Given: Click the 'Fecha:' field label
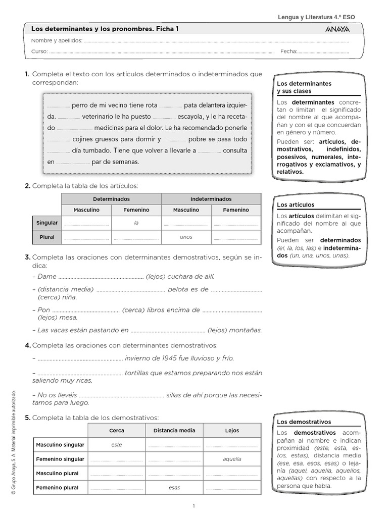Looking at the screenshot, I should (x=288, y=51).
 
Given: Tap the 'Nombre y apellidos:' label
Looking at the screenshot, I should (x=57, y=40).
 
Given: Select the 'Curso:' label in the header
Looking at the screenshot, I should (x=39, y=51).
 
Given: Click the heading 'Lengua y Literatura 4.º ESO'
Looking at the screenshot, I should (x=316, y=17).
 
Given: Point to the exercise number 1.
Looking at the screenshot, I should (x=27, y=74).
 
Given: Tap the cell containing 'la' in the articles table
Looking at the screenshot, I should (x=136, y=223).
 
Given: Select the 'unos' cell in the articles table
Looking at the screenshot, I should (x=186, y=237).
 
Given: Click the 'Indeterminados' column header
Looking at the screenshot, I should (x=211, y=199).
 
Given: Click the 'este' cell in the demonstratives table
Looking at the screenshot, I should (x=117, y=445).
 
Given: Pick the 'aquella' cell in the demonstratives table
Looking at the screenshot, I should (x=232, y=459).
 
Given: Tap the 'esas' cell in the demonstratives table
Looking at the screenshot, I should (x=174, y=488).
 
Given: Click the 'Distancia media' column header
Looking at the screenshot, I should (x=174, y=431).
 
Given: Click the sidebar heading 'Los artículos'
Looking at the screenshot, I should (x=296, y=204).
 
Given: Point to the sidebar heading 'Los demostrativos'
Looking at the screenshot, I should (x=304, y=422).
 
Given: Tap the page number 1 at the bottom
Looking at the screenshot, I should (x=194, y=505).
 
